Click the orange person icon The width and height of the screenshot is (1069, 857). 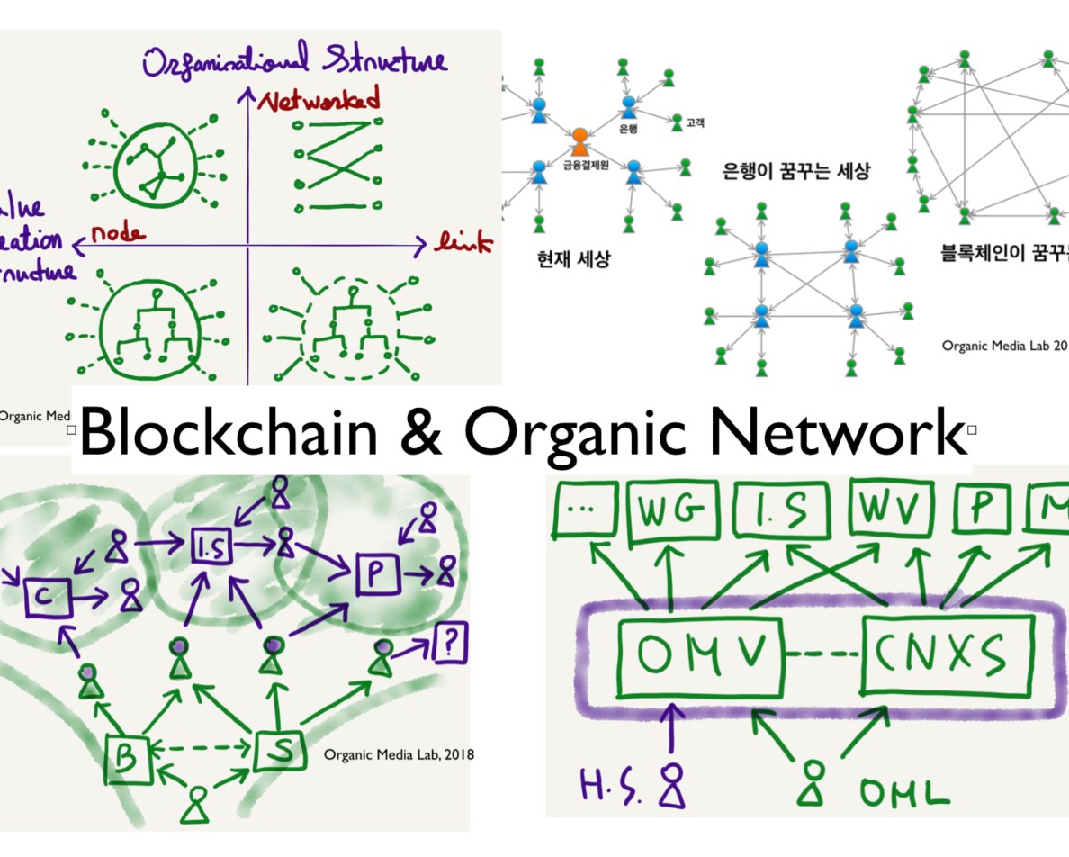coord(579,140)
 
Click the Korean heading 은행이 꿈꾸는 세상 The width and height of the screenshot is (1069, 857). coord(796,170)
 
